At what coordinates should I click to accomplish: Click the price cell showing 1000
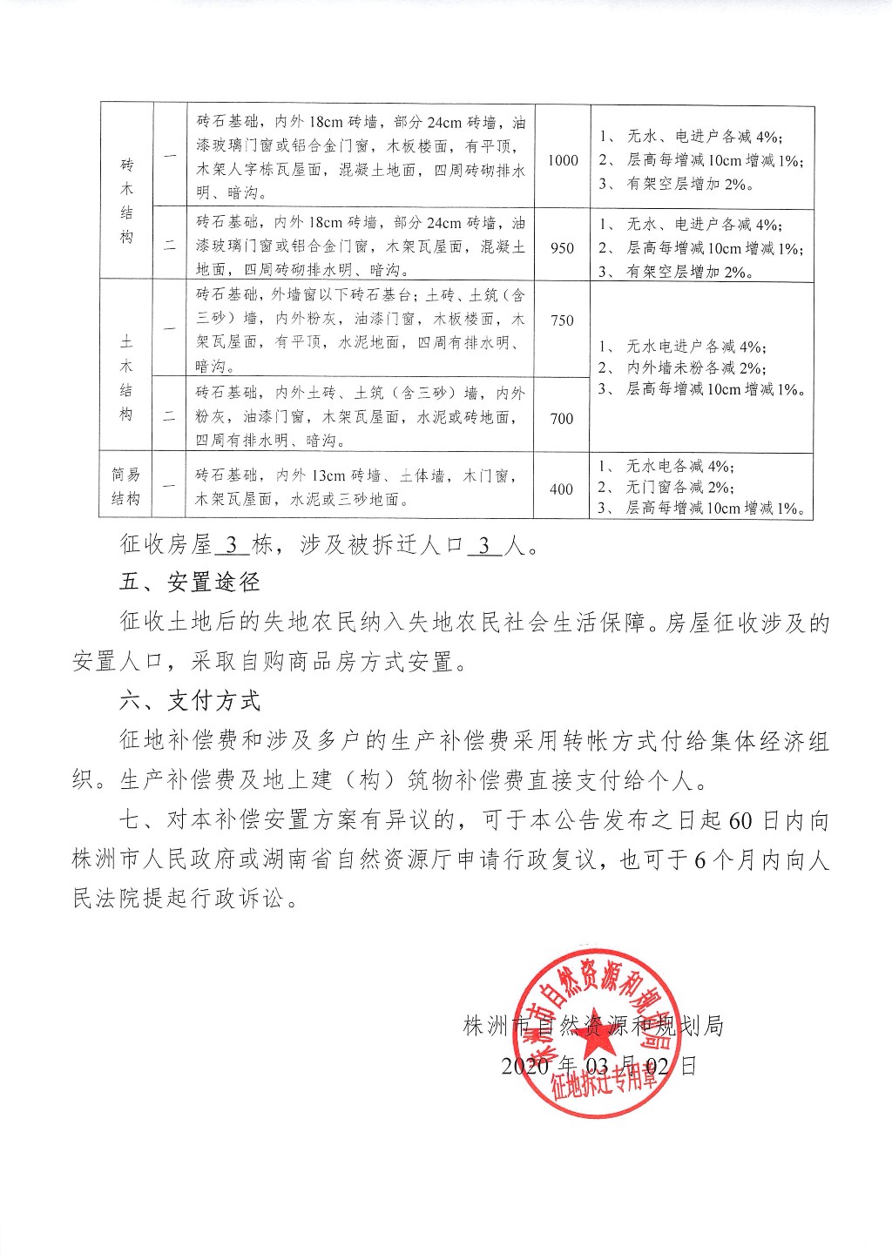563,160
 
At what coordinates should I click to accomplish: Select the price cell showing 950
563,248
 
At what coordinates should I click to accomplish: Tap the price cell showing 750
563,320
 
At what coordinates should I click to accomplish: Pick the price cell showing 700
563,419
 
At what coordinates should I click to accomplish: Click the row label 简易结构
125,488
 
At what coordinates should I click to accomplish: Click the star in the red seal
591,1030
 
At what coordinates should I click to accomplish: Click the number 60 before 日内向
740,820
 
